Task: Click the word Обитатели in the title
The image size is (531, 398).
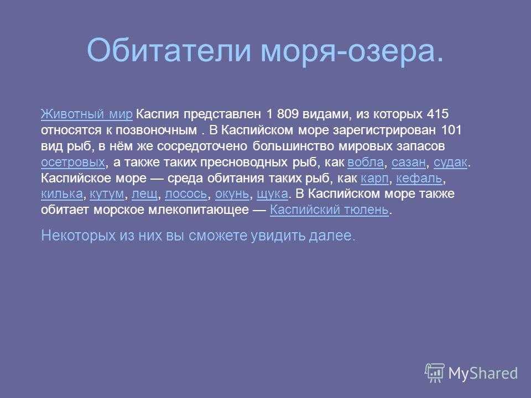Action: pyautogui.click(x=169, y=50)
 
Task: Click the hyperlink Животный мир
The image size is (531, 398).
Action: pyautogui.click(x=87, y=114)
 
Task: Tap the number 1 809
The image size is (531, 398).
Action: pyautogui.click(x=283, y=114)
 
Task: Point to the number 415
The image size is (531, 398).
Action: pyautogui.click(x=438, y=114)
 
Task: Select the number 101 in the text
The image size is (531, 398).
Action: pyautogui.click(x=451, y=130)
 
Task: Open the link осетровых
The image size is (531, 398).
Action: pyautogui.click(x=73, y=162)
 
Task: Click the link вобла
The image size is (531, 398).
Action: pyautogui.click(x=366, y=162)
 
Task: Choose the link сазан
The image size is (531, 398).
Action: pyautogui.click(x=408, y=162)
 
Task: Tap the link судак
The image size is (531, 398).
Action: pyautogui.click(x=450, y=162)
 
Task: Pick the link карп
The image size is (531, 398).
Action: pyautogui.click(x=374, y=179)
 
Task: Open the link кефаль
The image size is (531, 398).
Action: pyautogui.click(x=419, y=179)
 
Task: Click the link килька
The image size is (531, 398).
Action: pyautogui.click(x=61, y=194)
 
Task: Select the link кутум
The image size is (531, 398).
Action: pyautogui.click(x=107, y=194)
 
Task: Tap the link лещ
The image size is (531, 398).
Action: pyautogui.click(x=144, y=194)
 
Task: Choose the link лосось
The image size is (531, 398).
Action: pyautogui.click(x=186, y=194)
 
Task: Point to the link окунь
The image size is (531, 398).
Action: pyautogui.click(x=232, y=194)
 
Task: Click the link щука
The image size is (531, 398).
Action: pyautogui.click(x=272, y=194)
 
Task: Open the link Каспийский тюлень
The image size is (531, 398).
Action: pyautogui.click(x=329, y=210)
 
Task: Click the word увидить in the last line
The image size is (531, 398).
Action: pyautogui.click(x=278, y=236)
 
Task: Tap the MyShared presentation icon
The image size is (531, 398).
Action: pyautogui.click(x=435, y=373)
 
